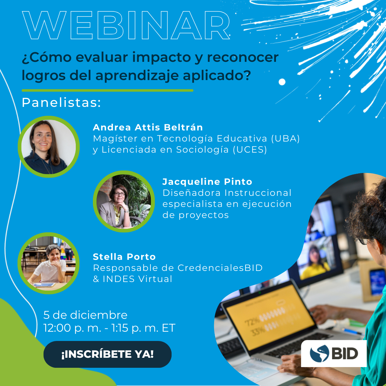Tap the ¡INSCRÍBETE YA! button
coord(107,354)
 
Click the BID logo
coord(333,353)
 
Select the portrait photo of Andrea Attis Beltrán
coord(49,147)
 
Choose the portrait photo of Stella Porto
coord(49,263)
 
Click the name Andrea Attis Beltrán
coord(148,127)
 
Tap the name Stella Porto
coord(124,257)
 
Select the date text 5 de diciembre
coord(85,315)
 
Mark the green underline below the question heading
coord(107,90)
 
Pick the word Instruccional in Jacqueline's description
coord(258,193)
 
